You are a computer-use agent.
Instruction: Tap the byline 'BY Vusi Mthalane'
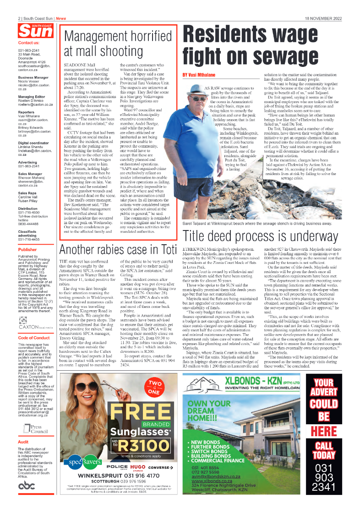[199, 74]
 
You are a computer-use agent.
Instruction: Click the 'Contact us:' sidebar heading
[28, 43]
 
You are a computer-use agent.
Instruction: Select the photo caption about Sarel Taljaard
[256, 223]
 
